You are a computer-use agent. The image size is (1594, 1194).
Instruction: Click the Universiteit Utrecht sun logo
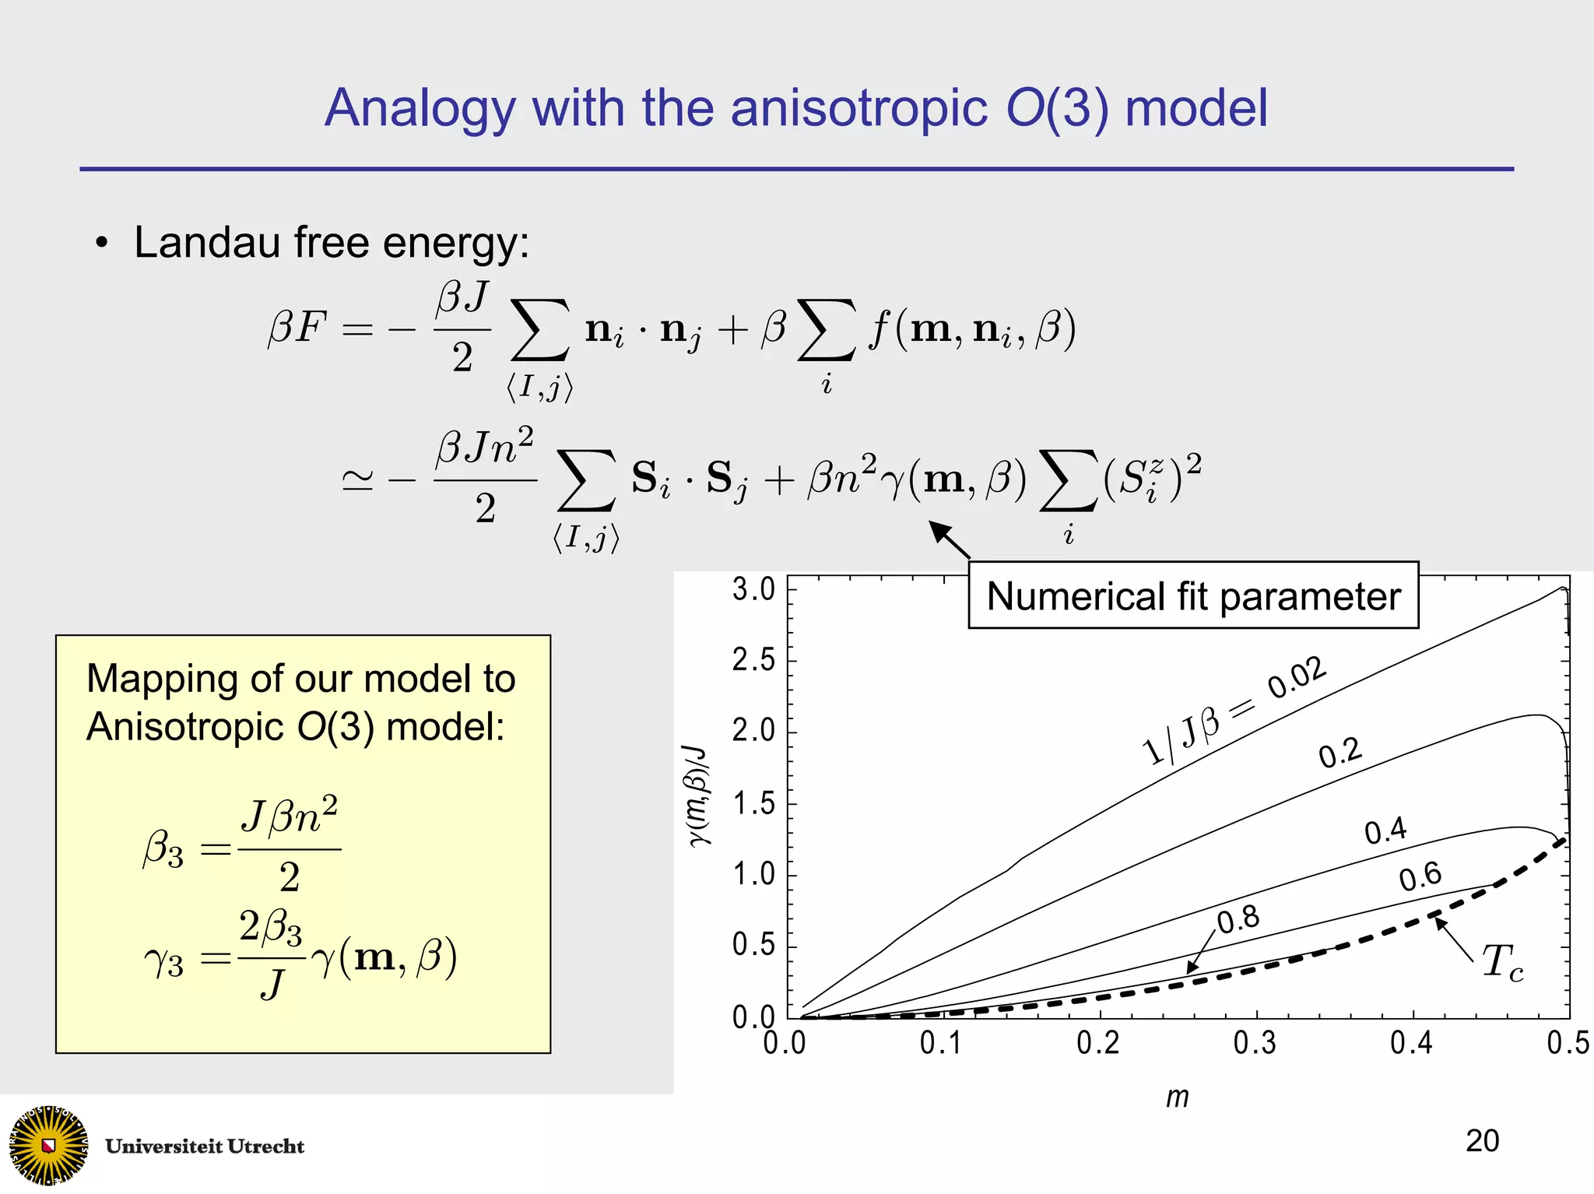(x=48, y=1145)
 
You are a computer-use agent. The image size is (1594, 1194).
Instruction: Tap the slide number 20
(x=1482, y=1141)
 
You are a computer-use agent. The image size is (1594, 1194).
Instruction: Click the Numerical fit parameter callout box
(x=1193, y=596)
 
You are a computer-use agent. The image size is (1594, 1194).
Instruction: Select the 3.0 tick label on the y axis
(x=753, y=589)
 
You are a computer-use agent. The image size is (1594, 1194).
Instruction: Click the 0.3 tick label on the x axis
(x=1255, y=1043)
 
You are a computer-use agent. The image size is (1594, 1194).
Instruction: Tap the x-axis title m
(x=1178, y=1097)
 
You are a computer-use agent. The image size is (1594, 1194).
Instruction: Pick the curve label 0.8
(x=1238, y=919)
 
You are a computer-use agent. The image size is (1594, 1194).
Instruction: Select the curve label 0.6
(x=1420, y=876)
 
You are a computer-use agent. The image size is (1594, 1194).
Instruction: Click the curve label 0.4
(x=1385, y=831)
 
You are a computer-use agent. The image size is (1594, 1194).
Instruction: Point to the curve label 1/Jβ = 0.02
(x=1234, y=710)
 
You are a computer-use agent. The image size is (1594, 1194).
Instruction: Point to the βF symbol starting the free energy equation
(x=297, y=327)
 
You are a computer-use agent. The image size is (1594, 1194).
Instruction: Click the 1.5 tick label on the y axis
(x=753, y=803)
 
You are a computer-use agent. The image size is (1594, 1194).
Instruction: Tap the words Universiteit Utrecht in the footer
(x=205, y=1147)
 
